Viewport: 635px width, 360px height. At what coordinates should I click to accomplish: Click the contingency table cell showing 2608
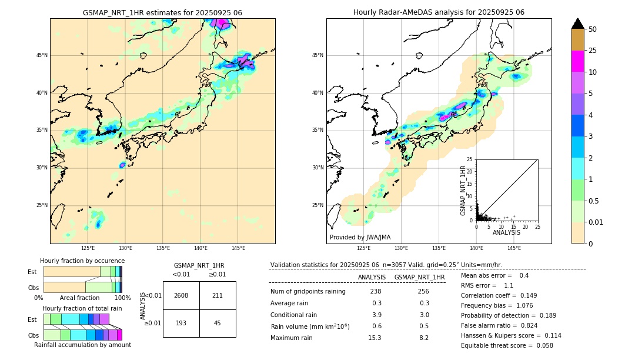181,295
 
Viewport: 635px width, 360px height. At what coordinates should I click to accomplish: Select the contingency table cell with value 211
218,295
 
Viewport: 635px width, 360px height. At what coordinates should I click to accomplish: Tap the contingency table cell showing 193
181,324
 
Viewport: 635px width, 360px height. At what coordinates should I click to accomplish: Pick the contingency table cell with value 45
218,324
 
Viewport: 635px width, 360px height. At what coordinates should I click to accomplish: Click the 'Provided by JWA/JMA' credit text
360,237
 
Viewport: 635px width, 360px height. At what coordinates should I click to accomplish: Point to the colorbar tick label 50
593,29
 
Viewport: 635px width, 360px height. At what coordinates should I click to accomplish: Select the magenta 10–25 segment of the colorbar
578,61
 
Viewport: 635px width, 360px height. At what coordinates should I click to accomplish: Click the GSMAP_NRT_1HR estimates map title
162,12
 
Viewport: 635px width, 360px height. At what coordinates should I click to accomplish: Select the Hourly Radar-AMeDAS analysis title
439,12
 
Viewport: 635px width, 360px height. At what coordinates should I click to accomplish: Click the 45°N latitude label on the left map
42,55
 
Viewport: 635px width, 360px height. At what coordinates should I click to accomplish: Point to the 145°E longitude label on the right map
514,248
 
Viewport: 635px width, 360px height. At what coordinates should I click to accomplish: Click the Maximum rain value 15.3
375,338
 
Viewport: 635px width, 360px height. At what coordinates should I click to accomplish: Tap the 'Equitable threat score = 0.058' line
507,345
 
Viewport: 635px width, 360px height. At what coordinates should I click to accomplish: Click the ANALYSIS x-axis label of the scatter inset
506,232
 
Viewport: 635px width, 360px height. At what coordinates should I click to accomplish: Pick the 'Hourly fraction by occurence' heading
82,261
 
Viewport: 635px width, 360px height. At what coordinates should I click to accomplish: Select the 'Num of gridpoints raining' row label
308,292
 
